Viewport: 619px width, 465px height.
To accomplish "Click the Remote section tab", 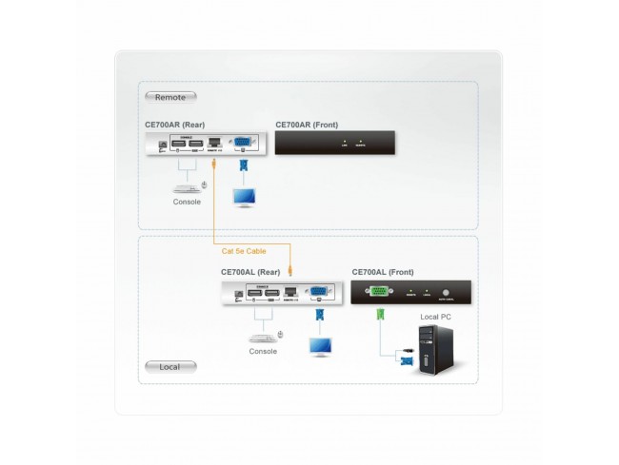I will [170, 96].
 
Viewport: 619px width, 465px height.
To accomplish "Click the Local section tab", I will [170, 366].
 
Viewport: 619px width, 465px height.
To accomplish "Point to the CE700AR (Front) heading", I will [306, 125].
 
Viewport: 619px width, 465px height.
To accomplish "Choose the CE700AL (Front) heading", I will [382, 271].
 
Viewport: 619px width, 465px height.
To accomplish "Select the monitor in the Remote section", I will [245, 198].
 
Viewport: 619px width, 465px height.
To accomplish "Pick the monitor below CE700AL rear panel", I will [319, 345].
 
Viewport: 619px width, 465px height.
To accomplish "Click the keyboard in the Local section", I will [262, 336].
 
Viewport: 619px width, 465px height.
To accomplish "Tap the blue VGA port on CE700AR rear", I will [243, 144].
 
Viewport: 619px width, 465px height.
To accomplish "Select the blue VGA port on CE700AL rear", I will [319, 292].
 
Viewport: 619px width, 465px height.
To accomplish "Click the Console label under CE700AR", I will [187, 203].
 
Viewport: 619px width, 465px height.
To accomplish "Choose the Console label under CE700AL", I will [263, 351].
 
